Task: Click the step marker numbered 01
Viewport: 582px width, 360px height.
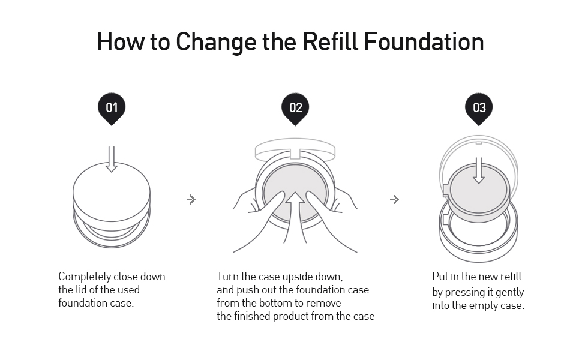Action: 112,108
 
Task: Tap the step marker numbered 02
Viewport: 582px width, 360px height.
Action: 295,108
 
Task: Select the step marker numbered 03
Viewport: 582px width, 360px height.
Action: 479,108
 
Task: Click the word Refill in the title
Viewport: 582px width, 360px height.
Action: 331,42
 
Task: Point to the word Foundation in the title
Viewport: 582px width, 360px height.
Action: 424,42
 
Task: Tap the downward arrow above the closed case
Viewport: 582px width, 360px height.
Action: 112,158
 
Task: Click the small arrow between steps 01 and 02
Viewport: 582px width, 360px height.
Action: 191,199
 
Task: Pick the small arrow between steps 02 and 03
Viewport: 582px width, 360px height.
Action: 394,199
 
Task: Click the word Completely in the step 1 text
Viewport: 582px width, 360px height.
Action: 84,277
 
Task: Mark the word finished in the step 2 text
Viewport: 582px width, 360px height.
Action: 253,316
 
